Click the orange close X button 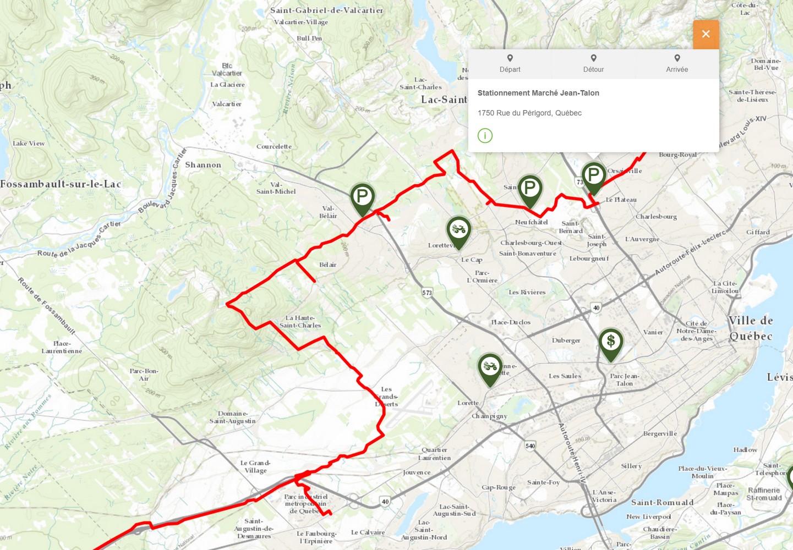[706, 34]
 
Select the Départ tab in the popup [510, 64]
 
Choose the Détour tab [593, 64]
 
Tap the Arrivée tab [677, 64]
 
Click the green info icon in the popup [485, 135]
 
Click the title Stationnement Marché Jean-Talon [538, 93]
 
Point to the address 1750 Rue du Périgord [529, 113]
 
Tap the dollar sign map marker [610, 342]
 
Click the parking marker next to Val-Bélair [362, 197]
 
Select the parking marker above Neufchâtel [529, 189]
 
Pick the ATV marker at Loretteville [458, 230]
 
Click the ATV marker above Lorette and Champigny [490, 367]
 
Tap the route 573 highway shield [427, 293]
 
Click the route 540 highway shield [530, 446]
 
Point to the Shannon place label [203, 165]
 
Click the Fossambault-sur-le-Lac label [61, 184]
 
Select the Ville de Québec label [751, 328]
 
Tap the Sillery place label [631, 466]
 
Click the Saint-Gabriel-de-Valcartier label [326, 10]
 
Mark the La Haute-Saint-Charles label [300, 321]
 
